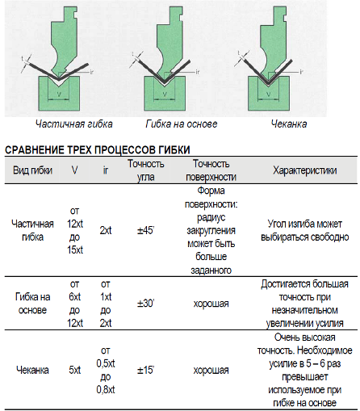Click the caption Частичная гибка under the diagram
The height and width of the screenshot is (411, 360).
coord(74,124)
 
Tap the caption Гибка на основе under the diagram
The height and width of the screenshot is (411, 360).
coord(182,124)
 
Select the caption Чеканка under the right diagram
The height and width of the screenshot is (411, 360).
coord(289,124)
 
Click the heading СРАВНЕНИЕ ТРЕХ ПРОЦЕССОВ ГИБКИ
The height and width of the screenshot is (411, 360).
coord(98,150)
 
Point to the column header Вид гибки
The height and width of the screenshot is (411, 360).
coord(32,170)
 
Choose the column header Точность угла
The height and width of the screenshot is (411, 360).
coord(145,170)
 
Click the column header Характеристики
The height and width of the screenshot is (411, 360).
coord(305,170)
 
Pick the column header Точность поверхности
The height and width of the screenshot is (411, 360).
coord(211,170)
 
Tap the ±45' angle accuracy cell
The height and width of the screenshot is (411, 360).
coord(145,230)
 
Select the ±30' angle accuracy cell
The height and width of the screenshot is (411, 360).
coord(145,304)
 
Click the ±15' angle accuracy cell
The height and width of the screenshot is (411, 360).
coord(145,370)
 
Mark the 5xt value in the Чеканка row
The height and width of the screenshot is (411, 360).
coord(75,370)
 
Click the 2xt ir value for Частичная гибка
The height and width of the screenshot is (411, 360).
coord(106,230)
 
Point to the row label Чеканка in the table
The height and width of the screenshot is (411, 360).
coord(32,370)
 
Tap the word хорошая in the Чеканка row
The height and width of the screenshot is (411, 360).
coord(211,371)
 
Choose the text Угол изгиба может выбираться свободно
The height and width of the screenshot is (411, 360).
coord(305,230)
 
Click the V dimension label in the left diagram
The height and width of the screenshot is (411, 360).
coord(59,94)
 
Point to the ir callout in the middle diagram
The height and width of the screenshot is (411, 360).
coord(198,72)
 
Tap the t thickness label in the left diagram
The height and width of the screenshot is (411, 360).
coord(23,58)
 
